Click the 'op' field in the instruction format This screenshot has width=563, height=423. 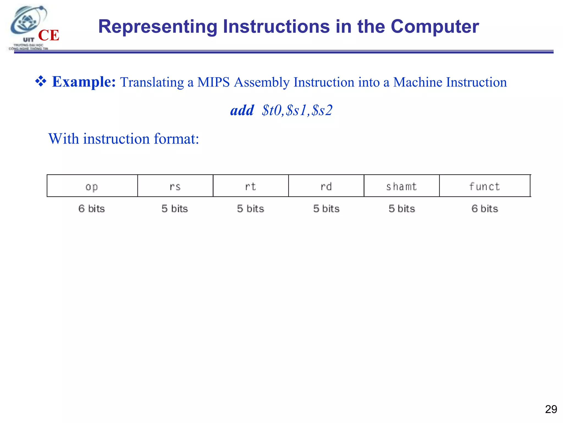click(92, 186)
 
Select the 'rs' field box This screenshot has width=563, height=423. click(175, 186)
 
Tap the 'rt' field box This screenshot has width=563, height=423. click(250, 186)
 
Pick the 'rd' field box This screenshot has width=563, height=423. click(326, 186)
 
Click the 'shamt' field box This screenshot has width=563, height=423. click(401, 186)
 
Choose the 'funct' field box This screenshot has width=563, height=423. click(484, 186)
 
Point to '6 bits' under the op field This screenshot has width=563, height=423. click(92, 208)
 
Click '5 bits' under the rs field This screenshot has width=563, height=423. click(175, 208)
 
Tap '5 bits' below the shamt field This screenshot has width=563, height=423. click(402, 208)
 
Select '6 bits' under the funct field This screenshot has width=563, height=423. click(485, 208)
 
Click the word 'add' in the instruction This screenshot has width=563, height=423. click(242, 110)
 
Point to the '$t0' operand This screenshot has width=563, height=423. click(272, 110)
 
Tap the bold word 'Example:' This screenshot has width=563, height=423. click(84, 82)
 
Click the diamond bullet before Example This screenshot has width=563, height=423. click(41, 82)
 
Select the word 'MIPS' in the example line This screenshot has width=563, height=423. click(213, 82)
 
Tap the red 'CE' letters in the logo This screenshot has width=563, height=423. click(49, 35)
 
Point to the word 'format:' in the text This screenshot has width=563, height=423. click(176, 139)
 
